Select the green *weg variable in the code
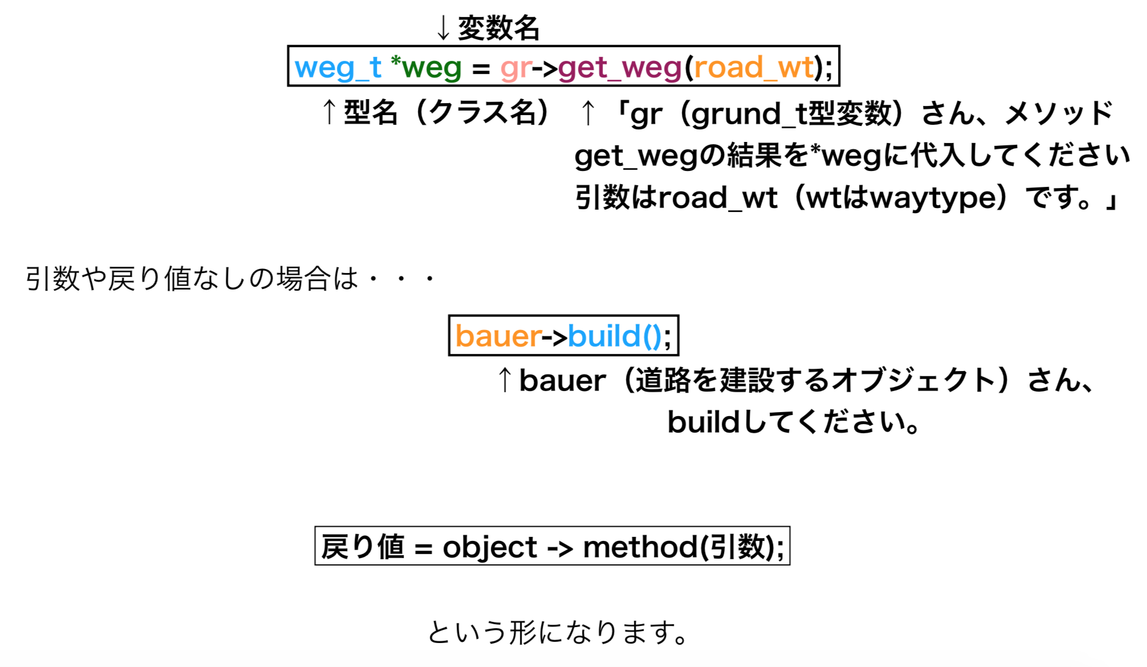tap(426, 68)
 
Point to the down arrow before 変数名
tap(444, 28)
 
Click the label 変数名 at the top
tap(499, 28)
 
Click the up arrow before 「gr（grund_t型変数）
tap(588, 112)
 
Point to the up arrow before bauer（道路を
tap(505, 380)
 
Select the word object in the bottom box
tap(490, 548)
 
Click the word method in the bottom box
tap(640, 547)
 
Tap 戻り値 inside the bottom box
tap(363, 547)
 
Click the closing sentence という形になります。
tap(559, 632)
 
